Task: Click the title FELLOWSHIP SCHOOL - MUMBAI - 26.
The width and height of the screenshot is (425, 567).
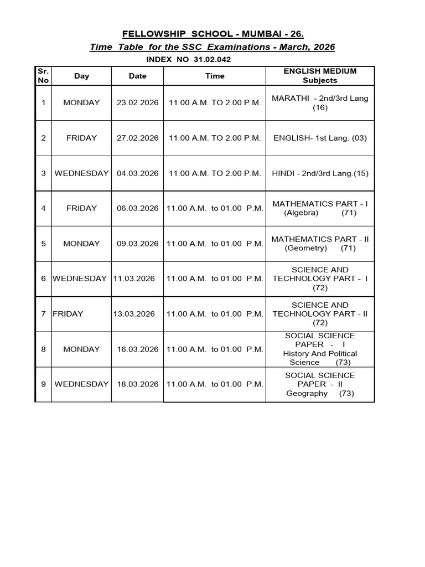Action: point(212,34)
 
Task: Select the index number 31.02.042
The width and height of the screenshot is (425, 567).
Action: point(212,59)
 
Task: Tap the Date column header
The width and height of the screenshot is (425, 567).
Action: point(137,76)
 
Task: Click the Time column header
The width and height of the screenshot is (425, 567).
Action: point(215,76)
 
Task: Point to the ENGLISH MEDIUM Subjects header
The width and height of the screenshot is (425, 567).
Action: point(320,76)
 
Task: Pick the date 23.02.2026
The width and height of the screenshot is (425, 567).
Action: point(137,102)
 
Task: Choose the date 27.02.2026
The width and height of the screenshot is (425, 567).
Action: point(137,138)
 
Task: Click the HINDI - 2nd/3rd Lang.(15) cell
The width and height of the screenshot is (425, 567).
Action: point(320,173)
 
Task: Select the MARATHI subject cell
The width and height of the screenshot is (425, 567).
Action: point(320,102)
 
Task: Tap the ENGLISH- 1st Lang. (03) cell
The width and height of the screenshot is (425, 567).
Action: point(320,138)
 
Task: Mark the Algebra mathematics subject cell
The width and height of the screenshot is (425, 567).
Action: point(320,208)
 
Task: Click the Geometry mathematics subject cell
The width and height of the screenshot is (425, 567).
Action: point(320,244)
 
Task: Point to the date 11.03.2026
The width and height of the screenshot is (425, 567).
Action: point(134,279)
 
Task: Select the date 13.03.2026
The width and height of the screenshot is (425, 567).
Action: point(134,314)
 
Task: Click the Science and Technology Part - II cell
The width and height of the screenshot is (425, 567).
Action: point(320,314)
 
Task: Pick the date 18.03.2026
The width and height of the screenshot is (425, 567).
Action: point(137,384)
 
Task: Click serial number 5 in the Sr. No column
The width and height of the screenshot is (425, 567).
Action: point(43,244)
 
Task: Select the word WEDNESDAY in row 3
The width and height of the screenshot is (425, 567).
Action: point(81,173)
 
